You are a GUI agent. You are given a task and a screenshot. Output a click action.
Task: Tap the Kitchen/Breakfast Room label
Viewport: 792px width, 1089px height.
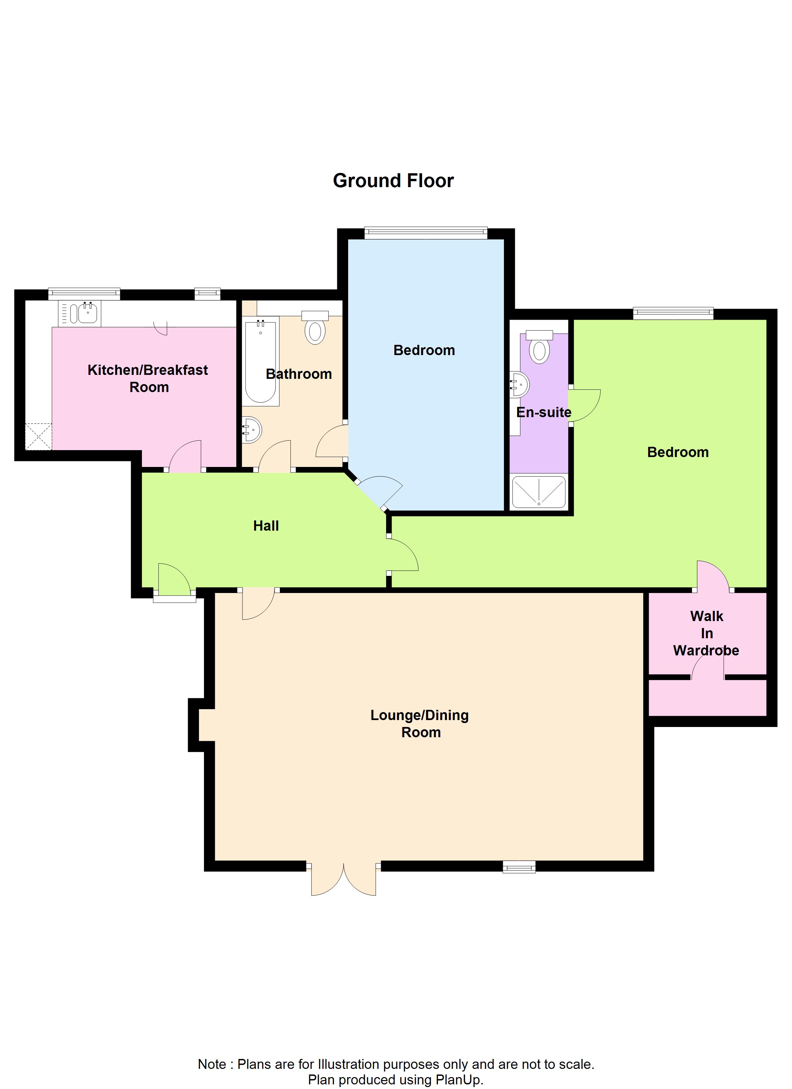pyautogui.click(x=148, y=379)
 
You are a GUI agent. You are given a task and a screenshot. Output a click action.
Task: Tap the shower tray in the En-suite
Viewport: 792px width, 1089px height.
pyautogui.click(x=539, y=492)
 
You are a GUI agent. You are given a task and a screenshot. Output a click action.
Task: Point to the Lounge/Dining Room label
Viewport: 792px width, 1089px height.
pyautogui.click(x=420, y=724)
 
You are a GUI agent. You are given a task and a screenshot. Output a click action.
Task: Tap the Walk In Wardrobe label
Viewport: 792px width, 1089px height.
pyautogui.click(x=706, y=633)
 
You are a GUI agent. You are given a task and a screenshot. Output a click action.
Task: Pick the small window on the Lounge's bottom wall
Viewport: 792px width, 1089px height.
pyautogui.click(x=519, y=867)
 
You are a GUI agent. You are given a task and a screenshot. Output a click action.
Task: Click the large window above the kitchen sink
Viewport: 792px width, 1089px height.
pyautogui.click(x=84, y=293)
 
